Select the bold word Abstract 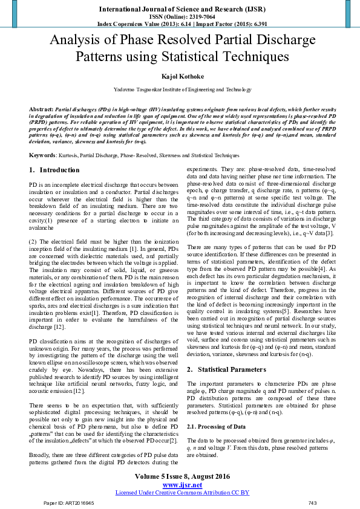[41, 111]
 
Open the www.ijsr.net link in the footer [182, 485]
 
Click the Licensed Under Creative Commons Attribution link [182, 493]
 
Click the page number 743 [312, 503]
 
